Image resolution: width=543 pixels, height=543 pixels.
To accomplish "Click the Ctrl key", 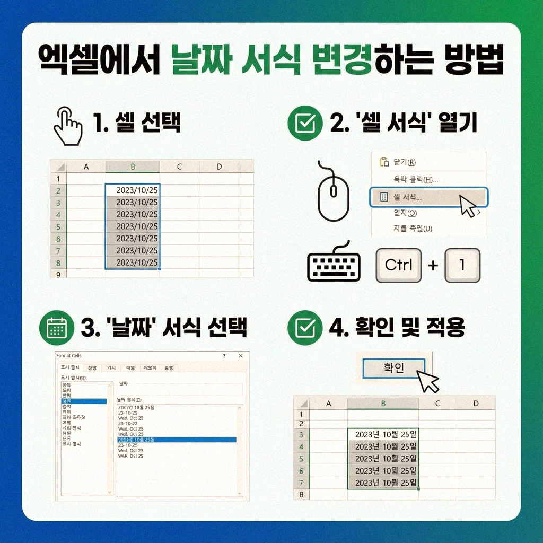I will (398, 265).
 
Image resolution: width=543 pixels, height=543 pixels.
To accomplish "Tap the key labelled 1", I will (462, 265).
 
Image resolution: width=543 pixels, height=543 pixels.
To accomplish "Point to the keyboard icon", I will (334, 264).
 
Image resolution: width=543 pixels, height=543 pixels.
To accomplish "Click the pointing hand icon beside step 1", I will (68, 126).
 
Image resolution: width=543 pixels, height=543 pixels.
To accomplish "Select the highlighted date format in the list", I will (177, 440).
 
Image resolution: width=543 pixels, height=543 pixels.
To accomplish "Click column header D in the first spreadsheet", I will (219, 167).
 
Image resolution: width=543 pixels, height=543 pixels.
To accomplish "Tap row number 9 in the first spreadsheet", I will (58, 274).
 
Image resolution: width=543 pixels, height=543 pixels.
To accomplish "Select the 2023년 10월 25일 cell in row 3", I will (383, 435).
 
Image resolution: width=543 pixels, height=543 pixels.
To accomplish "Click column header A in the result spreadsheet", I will (328, 404).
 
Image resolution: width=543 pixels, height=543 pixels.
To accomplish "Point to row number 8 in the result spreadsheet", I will (301, 494).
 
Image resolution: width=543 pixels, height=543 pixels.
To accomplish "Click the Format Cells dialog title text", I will (69, 355).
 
